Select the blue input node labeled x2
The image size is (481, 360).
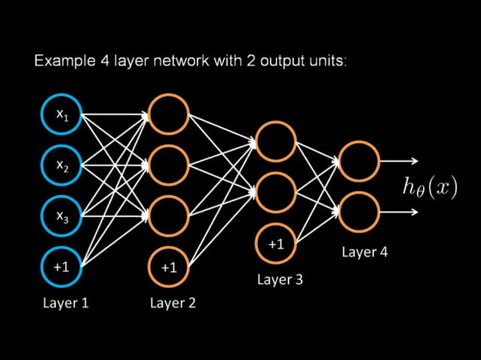[62, 164]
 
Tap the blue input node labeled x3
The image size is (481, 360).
[62, 215]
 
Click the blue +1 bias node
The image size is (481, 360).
[62, 267]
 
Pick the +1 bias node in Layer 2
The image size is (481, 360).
[169, 267]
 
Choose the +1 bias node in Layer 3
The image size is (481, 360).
[276, 244]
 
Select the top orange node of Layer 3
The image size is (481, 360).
[276, 141]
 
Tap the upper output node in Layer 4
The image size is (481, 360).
[359, 160]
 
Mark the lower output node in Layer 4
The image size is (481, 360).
[359, 212]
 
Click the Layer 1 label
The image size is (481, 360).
[66, 303]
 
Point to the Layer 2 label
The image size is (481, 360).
[173, 303]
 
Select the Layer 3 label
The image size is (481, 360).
[280, 279]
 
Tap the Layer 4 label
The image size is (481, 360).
[365, 252]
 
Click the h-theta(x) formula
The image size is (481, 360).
[430, 187]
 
